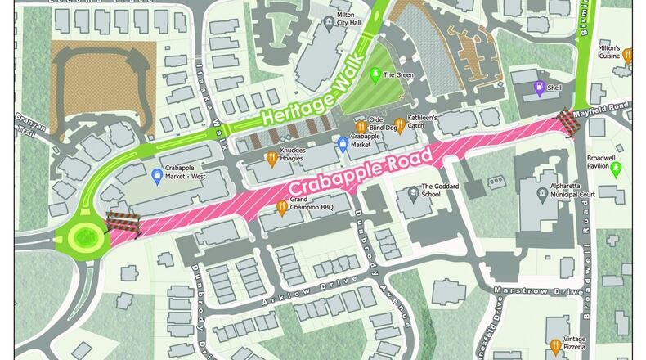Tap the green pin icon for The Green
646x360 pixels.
[x=375, y=75]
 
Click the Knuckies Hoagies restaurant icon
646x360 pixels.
[x=271, y=159]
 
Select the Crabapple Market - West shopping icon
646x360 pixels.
[x=158, y=174]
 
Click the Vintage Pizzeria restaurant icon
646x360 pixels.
[x=556, y=344]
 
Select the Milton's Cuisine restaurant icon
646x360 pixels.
[x=627, y=56]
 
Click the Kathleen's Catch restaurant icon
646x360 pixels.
[x=399, y=123]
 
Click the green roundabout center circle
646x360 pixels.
[x=83, y=236]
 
